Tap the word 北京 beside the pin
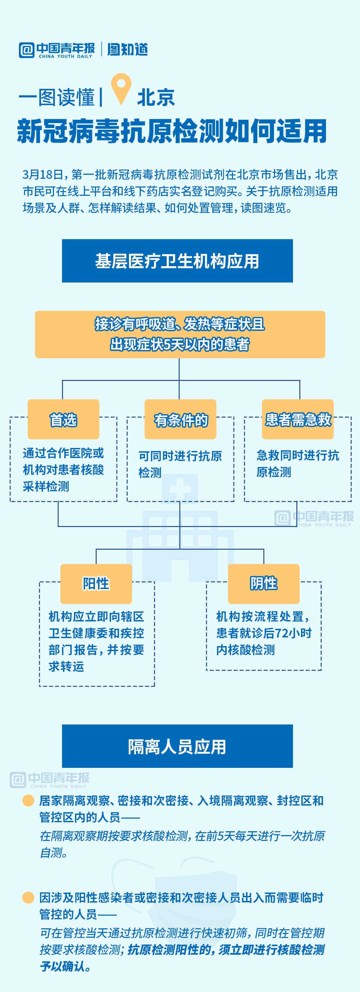click(x=156, y=97)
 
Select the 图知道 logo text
click(x=127, y=50)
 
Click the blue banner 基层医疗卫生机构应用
click(x=177, y=261)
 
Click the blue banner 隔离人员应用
click(x=177, y=746)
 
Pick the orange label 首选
click(x=63, y=419)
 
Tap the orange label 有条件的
click(x=180, y=419)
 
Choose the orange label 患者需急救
click(x=298, y=419)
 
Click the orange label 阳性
click(x=96, y=583)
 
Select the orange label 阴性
click(x=263, y=583)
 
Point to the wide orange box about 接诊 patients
click(x=180, y=334)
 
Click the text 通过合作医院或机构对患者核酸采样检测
click(x=63, y=469)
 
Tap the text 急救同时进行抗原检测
click(x=297, y=464)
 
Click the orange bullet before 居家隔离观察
click(x=28, y=801)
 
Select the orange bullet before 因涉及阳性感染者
click(x=28, y=898)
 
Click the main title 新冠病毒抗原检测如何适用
click(x=172, y=131)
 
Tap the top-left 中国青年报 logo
click(x=57, y=50)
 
